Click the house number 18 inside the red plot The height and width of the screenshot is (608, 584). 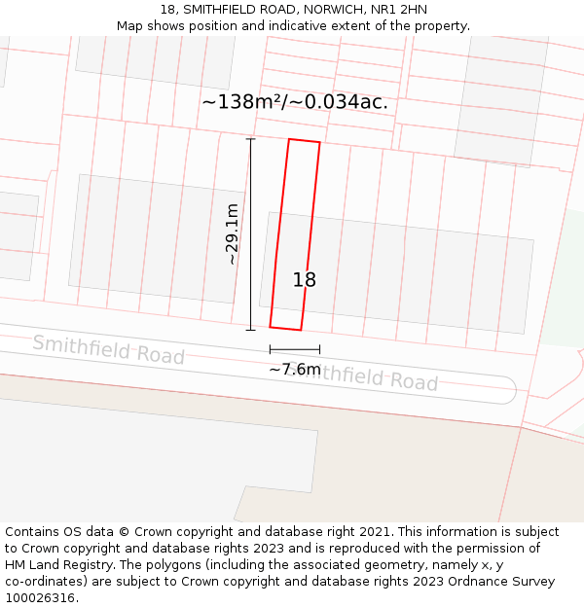point(305,280)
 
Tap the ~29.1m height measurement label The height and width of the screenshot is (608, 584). point(232,233)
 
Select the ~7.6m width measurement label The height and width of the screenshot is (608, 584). point(294,370)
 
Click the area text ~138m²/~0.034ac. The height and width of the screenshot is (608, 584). point(295,102)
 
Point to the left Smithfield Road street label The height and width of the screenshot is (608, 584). point(108,349)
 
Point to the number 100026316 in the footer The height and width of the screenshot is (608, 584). point(40,598)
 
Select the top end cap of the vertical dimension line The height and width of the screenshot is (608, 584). point(250,139)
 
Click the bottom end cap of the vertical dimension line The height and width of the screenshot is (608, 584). point(250,330)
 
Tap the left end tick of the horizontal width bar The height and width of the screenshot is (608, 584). point(270,349)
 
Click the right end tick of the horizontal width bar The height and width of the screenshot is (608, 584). point(319,349)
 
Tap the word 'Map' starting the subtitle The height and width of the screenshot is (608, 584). point(130,26)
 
